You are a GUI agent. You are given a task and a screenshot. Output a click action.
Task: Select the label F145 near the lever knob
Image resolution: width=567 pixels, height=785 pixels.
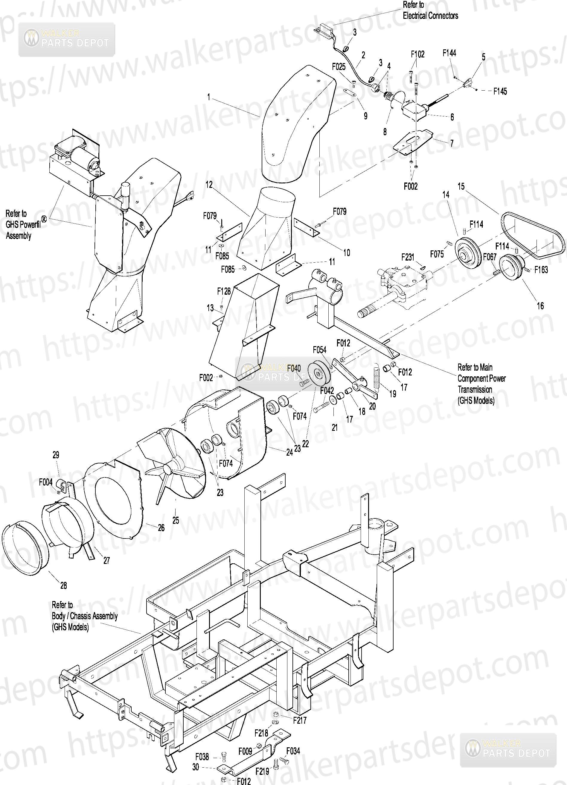500,91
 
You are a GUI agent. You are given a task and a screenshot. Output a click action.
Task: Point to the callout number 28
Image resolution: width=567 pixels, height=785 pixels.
64,585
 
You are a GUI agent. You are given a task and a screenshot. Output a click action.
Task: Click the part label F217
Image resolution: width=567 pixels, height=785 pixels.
300,720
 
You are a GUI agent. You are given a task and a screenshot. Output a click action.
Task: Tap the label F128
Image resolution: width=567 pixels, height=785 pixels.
223,291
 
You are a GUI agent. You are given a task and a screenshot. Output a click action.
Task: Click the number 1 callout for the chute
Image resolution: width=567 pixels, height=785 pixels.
209,97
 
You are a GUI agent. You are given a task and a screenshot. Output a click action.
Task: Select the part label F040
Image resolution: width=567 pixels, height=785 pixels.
294,368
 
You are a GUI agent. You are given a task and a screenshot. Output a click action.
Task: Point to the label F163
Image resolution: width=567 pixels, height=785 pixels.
541,269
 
